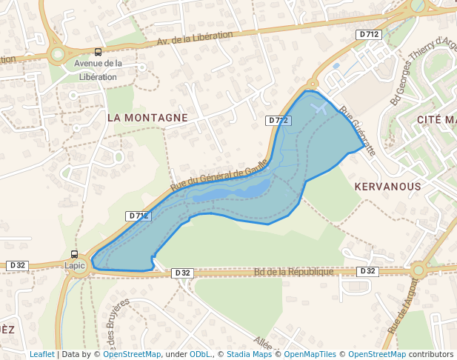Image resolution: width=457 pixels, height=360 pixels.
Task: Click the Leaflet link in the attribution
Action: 41,354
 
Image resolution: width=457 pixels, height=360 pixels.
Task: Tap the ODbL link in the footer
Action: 199,354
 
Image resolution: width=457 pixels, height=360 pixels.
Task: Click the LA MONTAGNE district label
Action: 147,118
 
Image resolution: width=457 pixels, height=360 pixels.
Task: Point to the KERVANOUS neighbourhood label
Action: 387,187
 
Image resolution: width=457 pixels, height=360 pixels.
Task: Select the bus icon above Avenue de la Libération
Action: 98,52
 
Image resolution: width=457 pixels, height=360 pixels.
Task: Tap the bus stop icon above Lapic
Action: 74,254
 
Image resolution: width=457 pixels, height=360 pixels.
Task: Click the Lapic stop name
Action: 75,265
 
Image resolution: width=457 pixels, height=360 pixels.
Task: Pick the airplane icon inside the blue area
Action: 319,109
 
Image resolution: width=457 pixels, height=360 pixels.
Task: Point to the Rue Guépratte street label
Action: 358,131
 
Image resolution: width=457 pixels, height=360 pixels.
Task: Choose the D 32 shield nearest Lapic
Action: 17,265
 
